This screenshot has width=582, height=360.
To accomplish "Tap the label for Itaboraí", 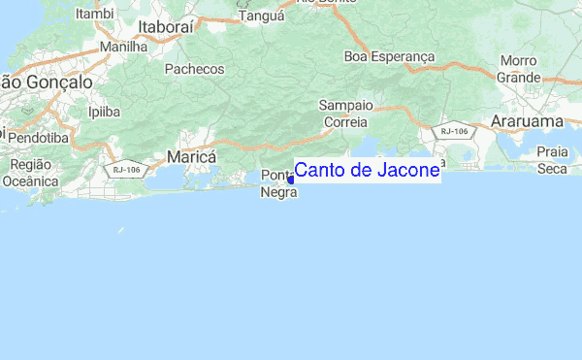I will pyautogui.click(x=167, y=27).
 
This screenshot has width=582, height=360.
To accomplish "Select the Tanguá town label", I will pyautogui.click(x=261, y=16).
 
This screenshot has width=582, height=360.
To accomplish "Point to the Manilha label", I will pyautogui.click(x=122, y=46).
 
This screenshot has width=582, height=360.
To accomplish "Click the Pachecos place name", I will pyautogui.click(x=194, y=69).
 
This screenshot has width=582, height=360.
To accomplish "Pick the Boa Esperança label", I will pyautogui.click(x=389, y=56).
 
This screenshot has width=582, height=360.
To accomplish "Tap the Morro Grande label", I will pyautogui.click(x=519, y=69).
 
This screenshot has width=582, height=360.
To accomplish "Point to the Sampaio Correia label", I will pyautogui.click(x=343, y=114).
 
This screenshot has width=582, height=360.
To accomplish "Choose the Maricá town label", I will pyautogui.click(x=191, y=156).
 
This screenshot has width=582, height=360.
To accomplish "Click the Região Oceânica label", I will pyautogui.click(x=31, y=172).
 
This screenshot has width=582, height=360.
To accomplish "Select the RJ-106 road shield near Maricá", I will pyautogui.click(x=126, y=170).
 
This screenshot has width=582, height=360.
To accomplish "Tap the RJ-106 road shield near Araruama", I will pyautogui.click(x=455, y=129).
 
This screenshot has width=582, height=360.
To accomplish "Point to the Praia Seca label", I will pyautogui.click(x=552, y=160).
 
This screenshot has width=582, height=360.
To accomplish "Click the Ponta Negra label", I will pyautogui.click(x=277, y=183).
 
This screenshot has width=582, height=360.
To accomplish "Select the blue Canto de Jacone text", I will pyautogui.click(x=368, y=172).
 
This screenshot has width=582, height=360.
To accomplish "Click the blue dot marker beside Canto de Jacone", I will pyautogui.click(x=290, y=179).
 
